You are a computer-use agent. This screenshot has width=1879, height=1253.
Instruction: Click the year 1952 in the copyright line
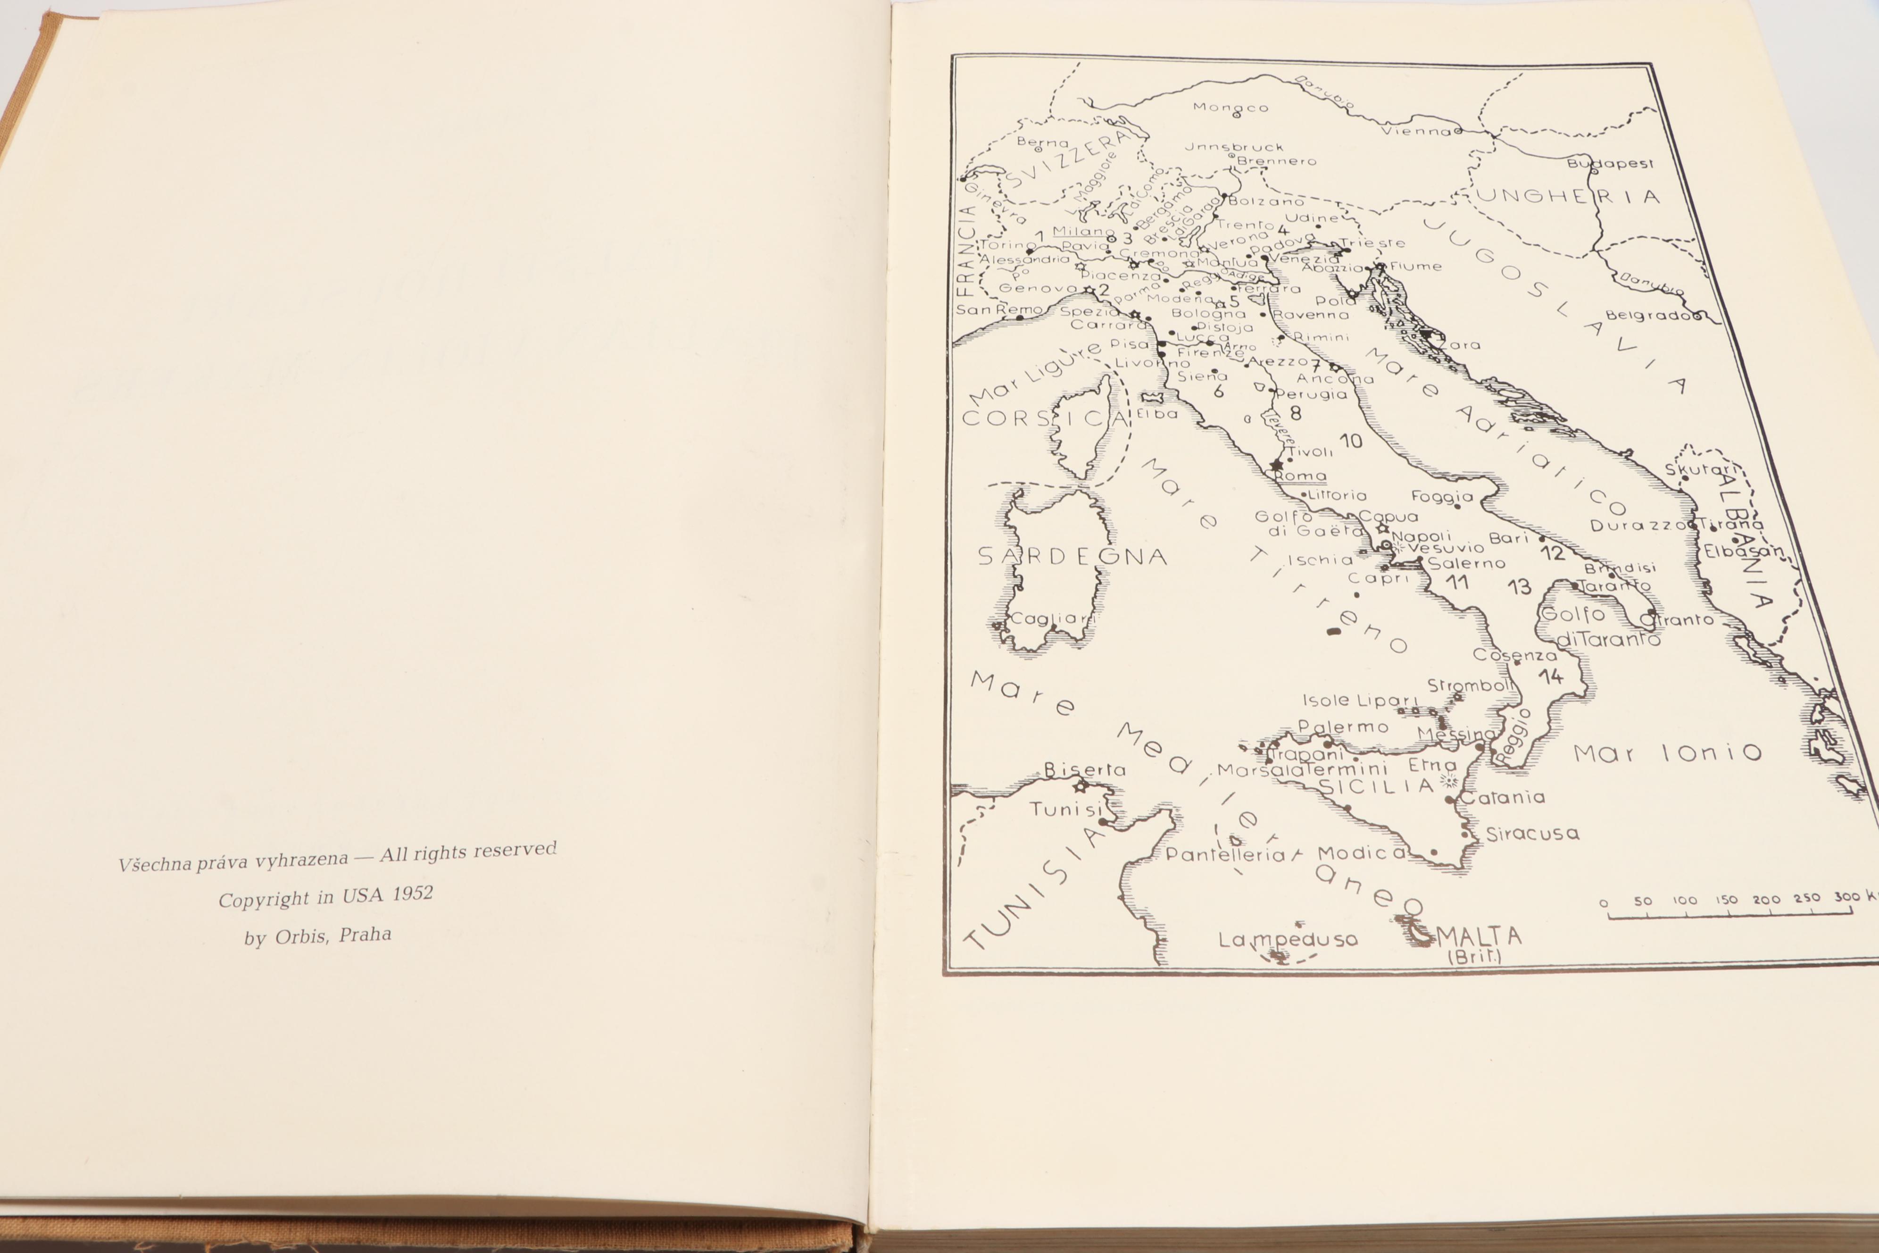click(x=412, y=894)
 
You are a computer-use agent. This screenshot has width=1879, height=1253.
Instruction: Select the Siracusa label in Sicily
click(x=1532, y=834)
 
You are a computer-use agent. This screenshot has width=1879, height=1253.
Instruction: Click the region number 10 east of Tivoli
click(x=1350, y=440)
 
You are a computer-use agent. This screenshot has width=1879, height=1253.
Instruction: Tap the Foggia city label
click(x=1442, y=496)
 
